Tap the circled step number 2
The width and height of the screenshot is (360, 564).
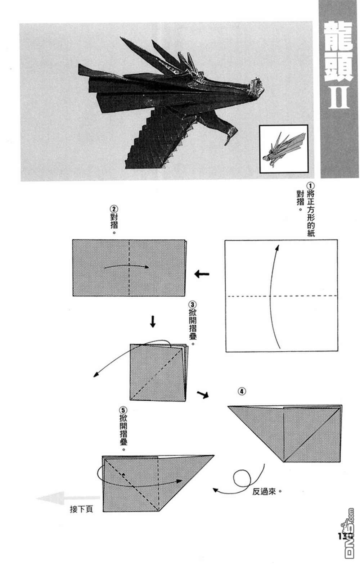click(114, 209)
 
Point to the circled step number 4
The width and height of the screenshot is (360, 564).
click(242, 391)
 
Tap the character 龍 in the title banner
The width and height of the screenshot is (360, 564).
click(338, 36)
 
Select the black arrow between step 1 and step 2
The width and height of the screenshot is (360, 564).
click(202, 274)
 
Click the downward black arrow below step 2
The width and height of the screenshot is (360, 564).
click(153, 321)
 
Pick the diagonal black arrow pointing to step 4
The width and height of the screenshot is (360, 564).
click(203, 394)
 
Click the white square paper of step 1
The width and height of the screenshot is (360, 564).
click(281, 295)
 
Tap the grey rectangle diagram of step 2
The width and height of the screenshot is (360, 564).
click(129, 268)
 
